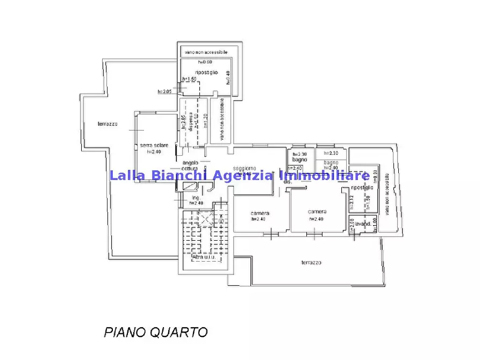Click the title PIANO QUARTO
(x=155, y=332)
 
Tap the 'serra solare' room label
(x=154, y=146)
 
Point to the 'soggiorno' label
(x=245, y=168)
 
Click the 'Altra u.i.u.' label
(x=204, y=257)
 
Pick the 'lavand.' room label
(x=363, y=224)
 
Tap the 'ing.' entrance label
(x=196, y=198)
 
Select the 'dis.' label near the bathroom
(x=288, y=182)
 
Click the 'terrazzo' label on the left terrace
(x=108, y=124)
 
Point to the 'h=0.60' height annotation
(x=205, y=62)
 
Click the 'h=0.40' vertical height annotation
(x=228, y=77)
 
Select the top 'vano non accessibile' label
(x=206, y=52)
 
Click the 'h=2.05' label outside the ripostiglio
(x=164, y=92)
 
